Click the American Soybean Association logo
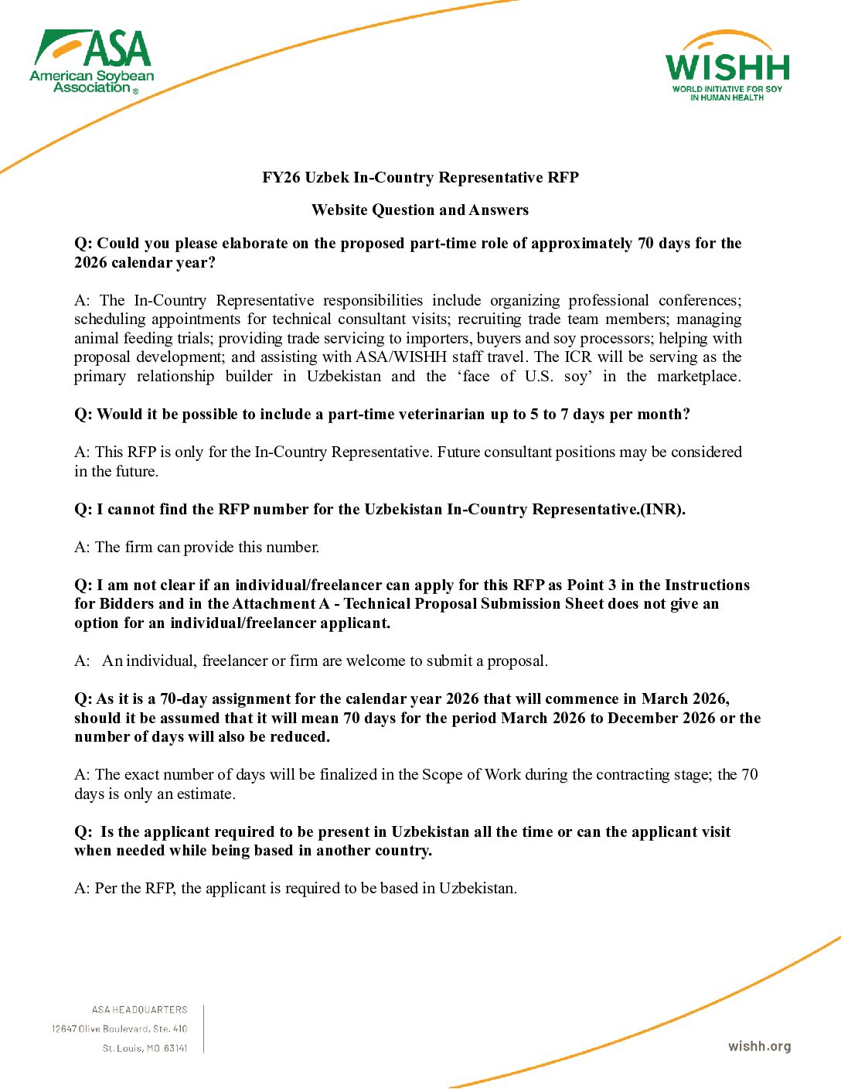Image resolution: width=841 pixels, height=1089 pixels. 92,62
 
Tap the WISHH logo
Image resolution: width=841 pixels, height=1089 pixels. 727,67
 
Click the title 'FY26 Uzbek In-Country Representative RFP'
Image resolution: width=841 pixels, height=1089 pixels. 420,178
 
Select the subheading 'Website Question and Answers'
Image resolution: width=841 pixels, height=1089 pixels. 420,210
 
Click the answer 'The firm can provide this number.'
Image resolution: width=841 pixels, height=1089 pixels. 206,548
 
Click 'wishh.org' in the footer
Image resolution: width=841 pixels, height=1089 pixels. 759,1046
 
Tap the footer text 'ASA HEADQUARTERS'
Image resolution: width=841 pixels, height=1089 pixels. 139,1010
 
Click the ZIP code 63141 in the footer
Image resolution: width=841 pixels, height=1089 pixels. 175,1049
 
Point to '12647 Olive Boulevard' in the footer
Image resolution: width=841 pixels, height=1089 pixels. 100,1029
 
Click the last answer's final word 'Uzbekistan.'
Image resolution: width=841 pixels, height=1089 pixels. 478,889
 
